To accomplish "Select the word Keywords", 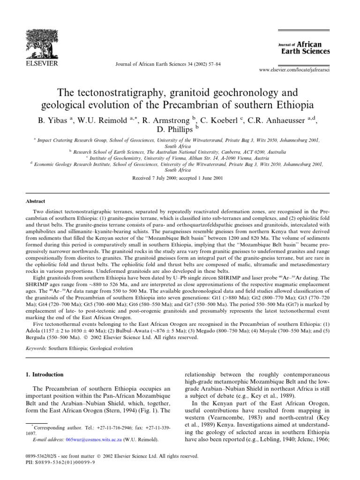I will [36, 348].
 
